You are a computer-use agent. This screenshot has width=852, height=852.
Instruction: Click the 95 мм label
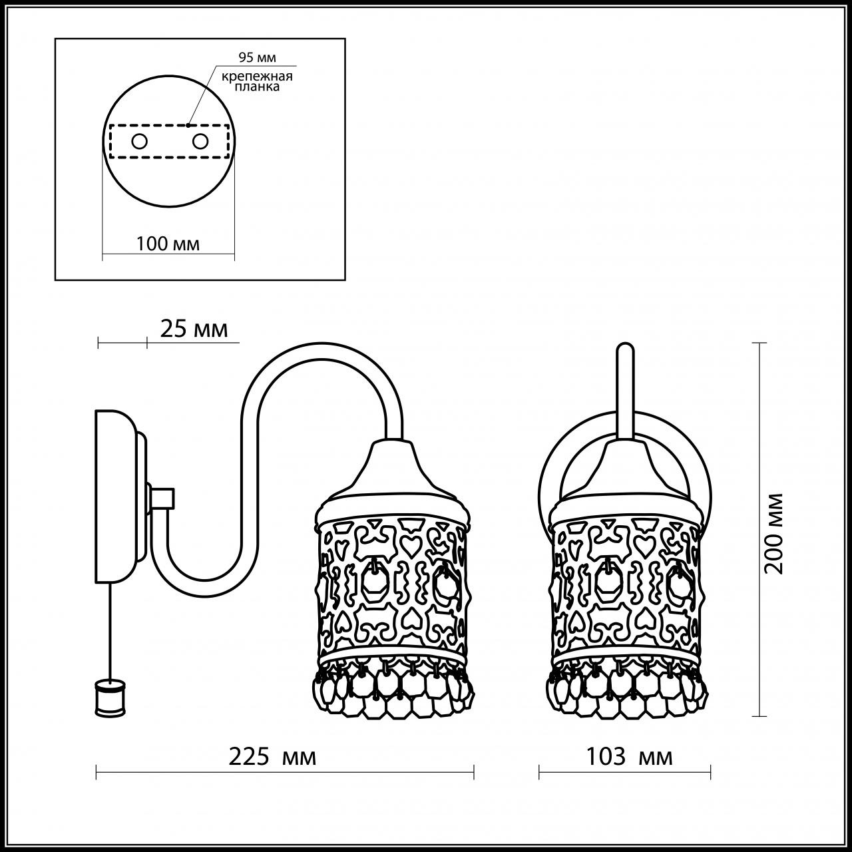coord(256,58)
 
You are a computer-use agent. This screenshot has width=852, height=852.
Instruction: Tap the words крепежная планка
coord(258,81)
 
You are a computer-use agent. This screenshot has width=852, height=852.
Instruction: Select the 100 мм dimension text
coord(168,244)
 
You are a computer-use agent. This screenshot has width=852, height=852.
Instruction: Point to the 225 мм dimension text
coord(273,756)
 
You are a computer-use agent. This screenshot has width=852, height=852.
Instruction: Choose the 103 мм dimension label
coord(629,756)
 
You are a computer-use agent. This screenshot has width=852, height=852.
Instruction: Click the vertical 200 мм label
coord(773,532)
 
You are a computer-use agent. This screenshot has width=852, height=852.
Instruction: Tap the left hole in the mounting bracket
coord(140,141)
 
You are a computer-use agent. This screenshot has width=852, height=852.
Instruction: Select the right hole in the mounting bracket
coord(200,141)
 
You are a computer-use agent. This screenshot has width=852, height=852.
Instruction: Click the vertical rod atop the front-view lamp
coord(624,393)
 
